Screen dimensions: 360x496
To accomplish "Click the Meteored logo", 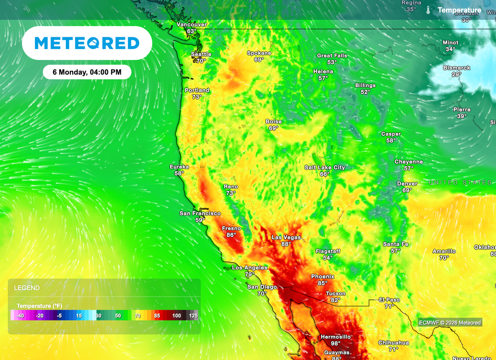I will click(x=87, y=43).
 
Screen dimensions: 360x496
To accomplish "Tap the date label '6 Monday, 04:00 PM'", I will click(x=87, y=72).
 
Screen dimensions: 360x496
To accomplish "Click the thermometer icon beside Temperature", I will click(x=428, y=10).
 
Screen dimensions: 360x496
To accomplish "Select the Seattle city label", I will click(x=201, y=54).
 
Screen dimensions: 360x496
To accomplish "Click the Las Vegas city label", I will click(x=286, y=237).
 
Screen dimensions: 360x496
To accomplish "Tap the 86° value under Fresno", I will click(x=232, y=235).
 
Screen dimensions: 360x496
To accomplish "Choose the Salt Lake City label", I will click(x=325, y=168).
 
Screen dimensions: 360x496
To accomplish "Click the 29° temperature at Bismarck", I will click(x=456, y=75).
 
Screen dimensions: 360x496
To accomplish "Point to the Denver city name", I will click(x=407, y=184).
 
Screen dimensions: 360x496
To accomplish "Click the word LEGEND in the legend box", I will click(x=27, y=288).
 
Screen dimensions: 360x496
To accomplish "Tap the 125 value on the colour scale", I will click(x=193, y=315).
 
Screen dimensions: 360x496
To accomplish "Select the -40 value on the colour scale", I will click(x=20, y=315).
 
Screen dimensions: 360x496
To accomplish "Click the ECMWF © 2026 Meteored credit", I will click(x=450, y=323).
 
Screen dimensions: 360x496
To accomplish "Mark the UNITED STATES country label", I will click(x=460, y=183).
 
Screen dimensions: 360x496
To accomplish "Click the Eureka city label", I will click(x=179, y=167).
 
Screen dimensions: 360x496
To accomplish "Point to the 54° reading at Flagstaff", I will click(x=328, y=258).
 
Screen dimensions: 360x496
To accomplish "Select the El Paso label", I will click(x=389, y=300).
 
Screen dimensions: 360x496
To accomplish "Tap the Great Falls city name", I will click(x=332, y=56).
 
